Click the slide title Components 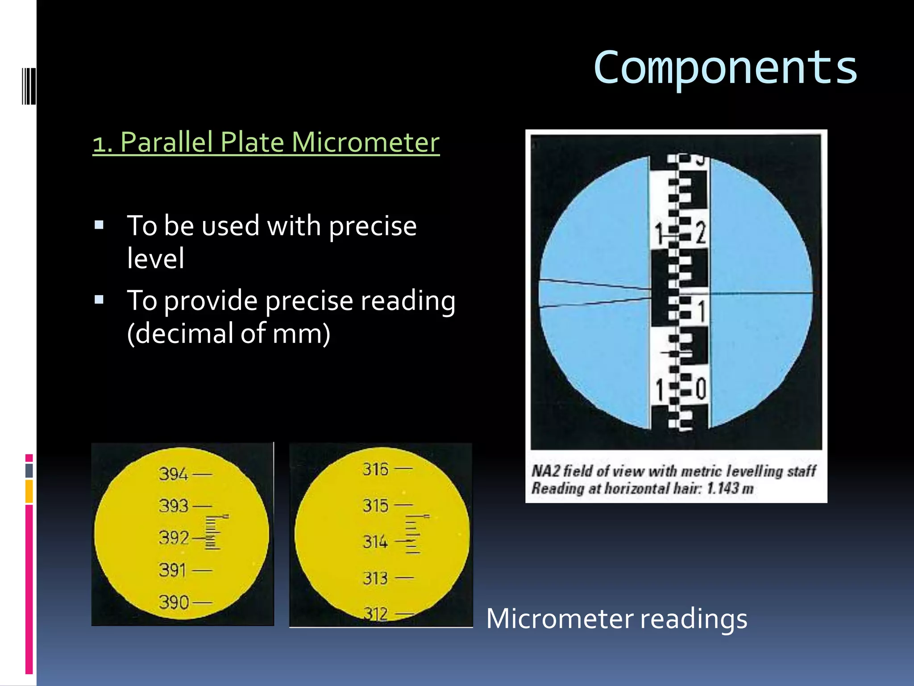coord(725,68)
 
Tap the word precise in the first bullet coord(373,226)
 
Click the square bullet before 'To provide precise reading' coord(99,299)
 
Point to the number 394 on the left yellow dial coord(174,474)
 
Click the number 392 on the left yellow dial coord(174,538)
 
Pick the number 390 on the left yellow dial coord(174,602)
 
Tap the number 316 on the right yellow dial coord(376,469)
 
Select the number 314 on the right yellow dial coord(375,542)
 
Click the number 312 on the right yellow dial coord(375,614)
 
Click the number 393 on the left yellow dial coord(174,506)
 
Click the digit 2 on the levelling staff coord(701,233)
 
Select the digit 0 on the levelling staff coord(701,388)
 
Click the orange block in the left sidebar coord(29,491)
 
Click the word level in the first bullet coord(155,259)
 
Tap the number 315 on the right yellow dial coord(375,506)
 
